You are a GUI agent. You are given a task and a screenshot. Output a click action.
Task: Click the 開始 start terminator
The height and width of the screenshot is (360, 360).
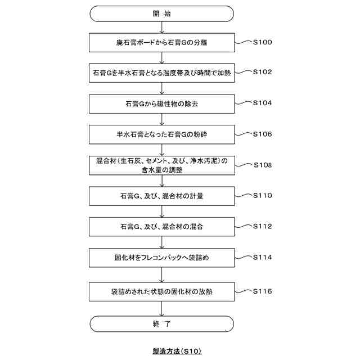pos(161,13)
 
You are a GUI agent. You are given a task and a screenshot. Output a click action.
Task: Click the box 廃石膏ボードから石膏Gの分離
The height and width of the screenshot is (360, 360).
pos(161,42)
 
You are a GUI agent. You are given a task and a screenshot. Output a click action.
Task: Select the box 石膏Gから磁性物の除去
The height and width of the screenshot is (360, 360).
pos(161,104)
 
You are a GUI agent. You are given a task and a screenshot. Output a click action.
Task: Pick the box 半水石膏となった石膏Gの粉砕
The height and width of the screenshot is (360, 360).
pos(161,135)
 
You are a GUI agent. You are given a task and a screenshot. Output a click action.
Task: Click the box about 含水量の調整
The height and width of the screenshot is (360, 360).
pos(161,166)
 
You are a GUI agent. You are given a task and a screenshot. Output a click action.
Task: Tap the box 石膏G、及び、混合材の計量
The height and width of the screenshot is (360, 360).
pos(161,197)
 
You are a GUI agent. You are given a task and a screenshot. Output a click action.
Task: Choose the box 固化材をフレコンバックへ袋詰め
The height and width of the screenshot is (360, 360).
pos(161,259)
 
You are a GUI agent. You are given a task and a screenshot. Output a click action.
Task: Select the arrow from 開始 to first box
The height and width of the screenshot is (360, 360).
pos(161,27)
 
